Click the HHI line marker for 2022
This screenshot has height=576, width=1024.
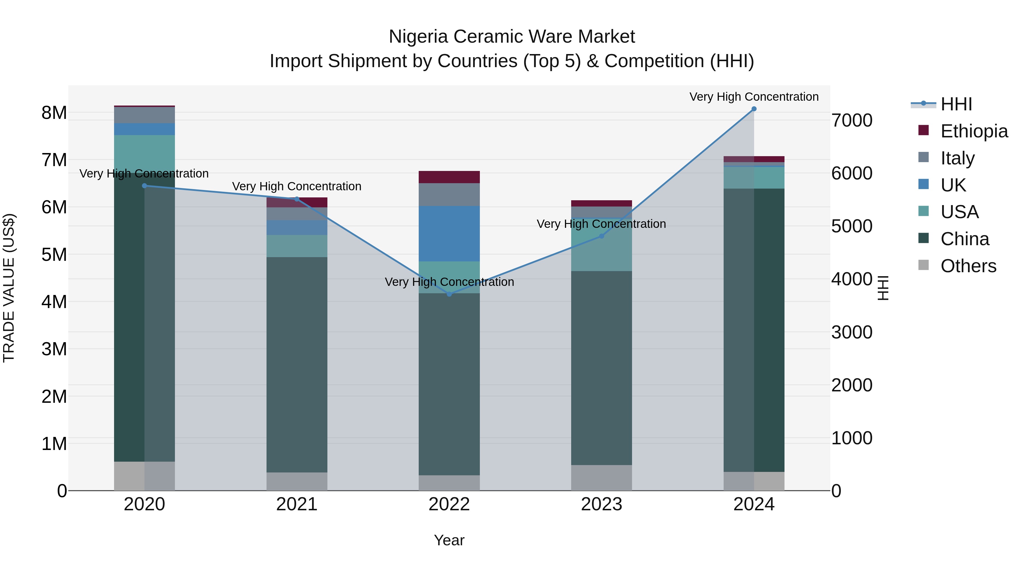tap(449, 294)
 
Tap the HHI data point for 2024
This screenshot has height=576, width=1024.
tap(754, 109)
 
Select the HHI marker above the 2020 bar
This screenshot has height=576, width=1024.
tap(144, 186)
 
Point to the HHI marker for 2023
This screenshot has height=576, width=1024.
tap(601, 236)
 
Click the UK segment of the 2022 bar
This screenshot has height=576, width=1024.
tap(449, 234)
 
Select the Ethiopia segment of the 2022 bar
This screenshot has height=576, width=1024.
tap(449, 177)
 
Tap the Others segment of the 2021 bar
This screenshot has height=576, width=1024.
tap(297, 481)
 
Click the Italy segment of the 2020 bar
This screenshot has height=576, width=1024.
tap(144, 115)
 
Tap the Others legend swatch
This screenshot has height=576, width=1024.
tap(923, 265)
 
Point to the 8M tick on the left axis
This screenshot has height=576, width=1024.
tap(54, 113)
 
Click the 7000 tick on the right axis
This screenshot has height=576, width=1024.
tap(851, 120)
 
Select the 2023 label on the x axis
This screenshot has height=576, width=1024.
tap(601, 504)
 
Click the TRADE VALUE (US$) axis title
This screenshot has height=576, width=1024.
tap(9, 288)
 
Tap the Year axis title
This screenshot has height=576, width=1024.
tap(449, 540)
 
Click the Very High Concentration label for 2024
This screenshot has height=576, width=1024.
tap(754, 97)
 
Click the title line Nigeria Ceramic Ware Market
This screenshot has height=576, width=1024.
tap(512, 37)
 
